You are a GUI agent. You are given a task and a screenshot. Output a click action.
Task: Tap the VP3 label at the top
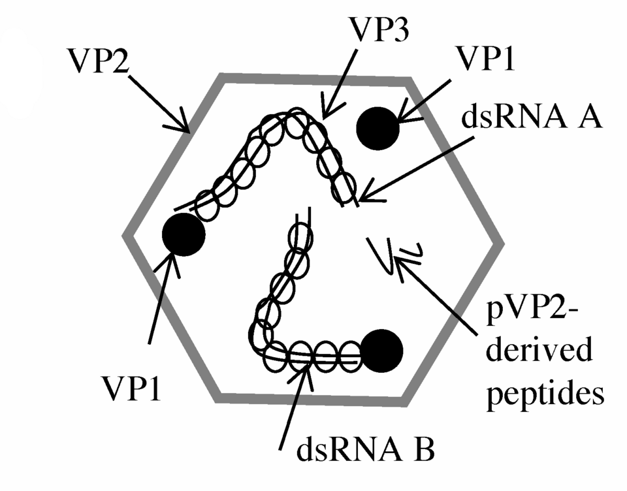pos(379,29)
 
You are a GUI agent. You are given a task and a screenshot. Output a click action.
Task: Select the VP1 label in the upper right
pos(486,59)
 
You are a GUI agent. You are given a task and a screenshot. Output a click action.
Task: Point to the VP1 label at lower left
pos(131,388)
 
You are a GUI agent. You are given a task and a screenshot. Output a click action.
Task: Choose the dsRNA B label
pos(365,450)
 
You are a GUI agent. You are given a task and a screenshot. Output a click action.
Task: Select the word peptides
pos(545,394)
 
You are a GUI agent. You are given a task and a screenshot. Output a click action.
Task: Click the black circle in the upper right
pos(378,129)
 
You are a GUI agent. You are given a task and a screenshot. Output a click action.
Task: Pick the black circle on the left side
pos(184,234)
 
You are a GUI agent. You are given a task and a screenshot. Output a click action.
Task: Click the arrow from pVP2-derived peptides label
pos(436,296)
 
